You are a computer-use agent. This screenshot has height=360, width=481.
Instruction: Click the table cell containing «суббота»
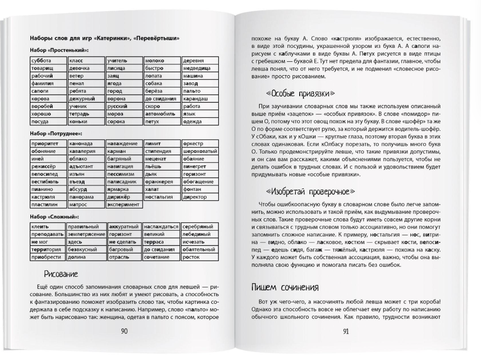pos(46,61)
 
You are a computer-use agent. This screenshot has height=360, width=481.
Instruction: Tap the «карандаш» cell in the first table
pos(200,98)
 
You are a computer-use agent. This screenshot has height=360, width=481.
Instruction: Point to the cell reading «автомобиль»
pos(162,113)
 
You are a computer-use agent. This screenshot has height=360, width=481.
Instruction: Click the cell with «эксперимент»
pos(124,204)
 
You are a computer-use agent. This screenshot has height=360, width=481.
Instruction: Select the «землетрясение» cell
pos(85,234)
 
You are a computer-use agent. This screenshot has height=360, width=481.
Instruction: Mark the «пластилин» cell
pos(46,204)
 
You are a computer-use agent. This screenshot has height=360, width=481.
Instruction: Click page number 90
pos(124,331)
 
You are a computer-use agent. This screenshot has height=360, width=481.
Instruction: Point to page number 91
pos(346,331)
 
